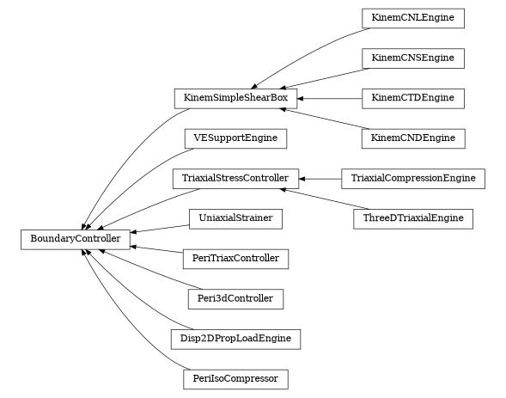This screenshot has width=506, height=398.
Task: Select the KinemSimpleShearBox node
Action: pos(235,98)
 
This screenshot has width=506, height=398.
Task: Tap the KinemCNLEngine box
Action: pos(412,18)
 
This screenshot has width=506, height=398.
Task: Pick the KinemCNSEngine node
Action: pos(412,58)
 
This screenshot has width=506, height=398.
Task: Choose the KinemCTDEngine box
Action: pos(412,98)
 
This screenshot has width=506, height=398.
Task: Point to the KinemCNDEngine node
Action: pos(412,138)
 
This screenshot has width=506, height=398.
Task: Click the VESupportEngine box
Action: pos(235,138)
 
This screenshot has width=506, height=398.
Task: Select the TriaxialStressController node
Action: pos(235,179)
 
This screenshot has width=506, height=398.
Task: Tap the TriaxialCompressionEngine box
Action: pos(413,179)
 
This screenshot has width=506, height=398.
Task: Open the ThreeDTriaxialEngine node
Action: pos(412,218)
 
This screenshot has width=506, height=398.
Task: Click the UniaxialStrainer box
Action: pos(235,218)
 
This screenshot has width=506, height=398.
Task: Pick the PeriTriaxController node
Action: pos(235,258)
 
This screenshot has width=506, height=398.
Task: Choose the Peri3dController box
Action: pos(235,298)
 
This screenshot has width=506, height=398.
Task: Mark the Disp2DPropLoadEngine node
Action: pos(235,339)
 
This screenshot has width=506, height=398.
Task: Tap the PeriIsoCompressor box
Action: pos(235,378)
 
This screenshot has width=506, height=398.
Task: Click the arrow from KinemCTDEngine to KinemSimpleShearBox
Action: pos(330,99)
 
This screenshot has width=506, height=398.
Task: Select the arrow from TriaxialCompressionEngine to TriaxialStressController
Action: pos(320,179)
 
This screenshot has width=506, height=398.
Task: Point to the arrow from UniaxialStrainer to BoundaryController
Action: pos(160,228)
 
